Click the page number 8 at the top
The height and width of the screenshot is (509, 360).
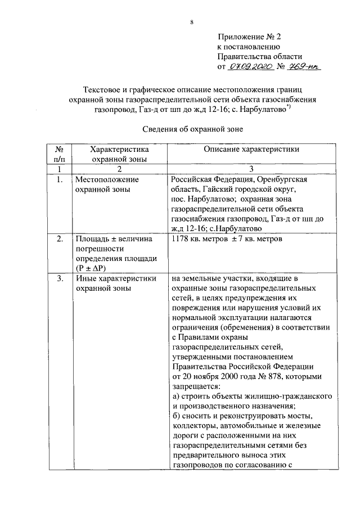pos(192,22)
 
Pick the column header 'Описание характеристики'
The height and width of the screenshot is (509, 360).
pos(251,150)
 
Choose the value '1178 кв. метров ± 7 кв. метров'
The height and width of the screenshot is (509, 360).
pos(227,239)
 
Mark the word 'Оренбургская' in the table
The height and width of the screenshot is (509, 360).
pos(282,179)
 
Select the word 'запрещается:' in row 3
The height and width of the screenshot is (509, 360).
pos(196,386)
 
